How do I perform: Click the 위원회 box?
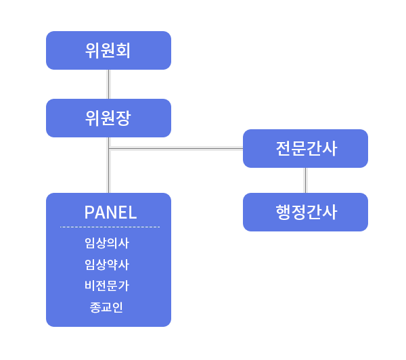click(x=108, y=50)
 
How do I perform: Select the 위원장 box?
click(x=108, y=118)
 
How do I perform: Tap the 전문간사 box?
click(x=305, y=148)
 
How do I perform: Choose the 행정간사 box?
click(x=305, y=212)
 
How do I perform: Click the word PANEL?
click(x=110, y=212)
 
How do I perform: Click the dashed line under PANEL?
click(x=110, y=227)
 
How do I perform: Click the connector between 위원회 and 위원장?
click(x=108, y=84)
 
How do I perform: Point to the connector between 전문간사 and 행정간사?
click(x=305, y=180)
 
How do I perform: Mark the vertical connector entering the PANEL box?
click(x=108, y=173)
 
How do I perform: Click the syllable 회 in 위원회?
click(x=122, y=50)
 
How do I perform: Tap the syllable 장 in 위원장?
click(x=122, y=118)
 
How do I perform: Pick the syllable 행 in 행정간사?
click(x=284, y=212)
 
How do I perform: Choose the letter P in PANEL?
click(x=89, y=212)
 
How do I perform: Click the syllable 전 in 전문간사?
click(x=284, y=148)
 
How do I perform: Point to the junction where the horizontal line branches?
click(x=108, y=148)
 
